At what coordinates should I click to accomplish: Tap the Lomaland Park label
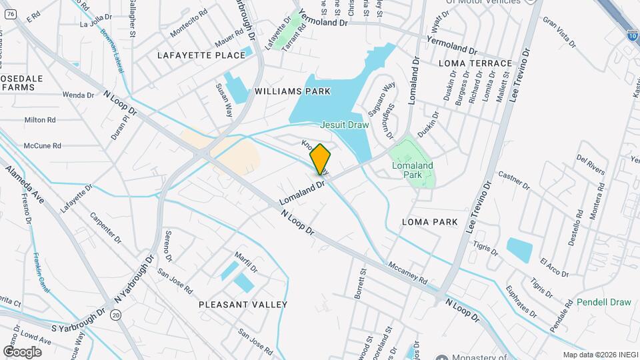[x=420, y=170]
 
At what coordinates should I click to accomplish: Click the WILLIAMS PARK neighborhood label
[x=293, y=91]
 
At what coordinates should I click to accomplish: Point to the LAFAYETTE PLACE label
[x=201, y=55]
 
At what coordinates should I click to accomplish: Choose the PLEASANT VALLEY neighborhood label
[x=243, y=305]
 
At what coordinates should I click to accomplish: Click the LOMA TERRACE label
[x=475, y=63]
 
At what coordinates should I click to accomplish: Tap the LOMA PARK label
[x=430, y=221]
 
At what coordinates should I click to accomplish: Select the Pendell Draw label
[x=604, y=302]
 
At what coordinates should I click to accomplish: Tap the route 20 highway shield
[x=116, y=314]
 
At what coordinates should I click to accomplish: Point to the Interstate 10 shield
[x=631, y=35]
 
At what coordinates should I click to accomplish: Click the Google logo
[x=22, y=351]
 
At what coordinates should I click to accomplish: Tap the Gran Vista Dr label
[x=559, y=33]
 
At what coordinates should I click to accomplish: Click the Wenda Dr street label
[x=79, y=95]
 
